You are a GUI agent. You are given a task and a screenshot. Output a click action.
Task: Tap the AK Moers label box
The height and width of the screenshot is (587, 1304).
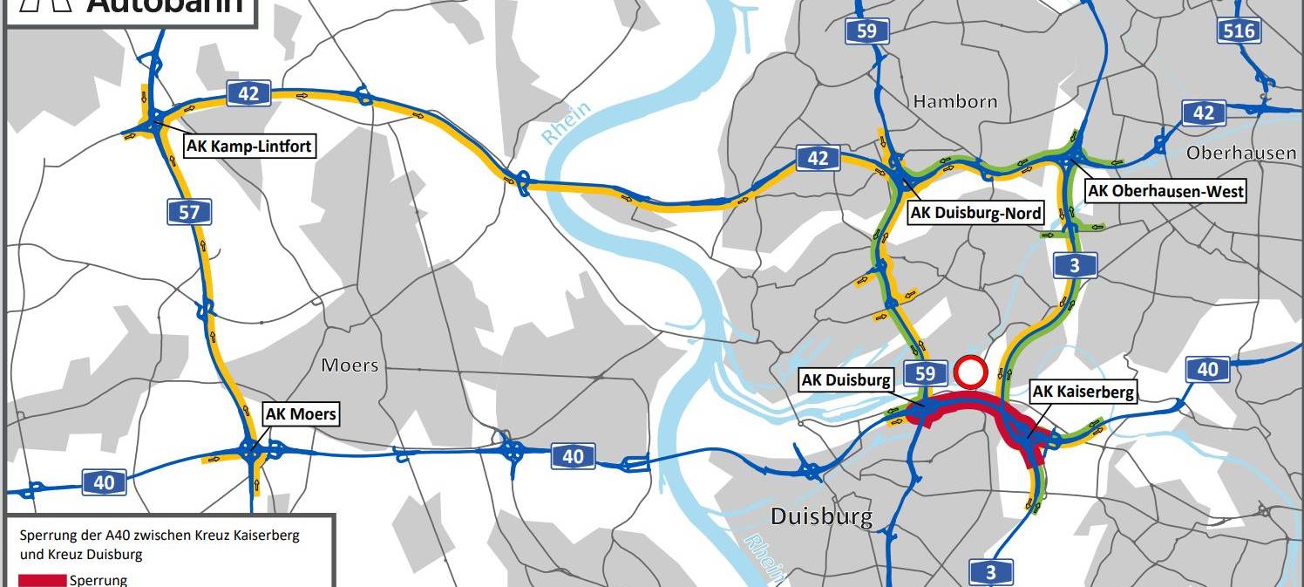click(x=301, y=413)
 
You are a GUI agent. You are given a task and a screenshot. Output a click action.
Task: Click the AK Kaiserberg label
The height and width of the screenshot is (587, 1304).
click(x=1083, y=392)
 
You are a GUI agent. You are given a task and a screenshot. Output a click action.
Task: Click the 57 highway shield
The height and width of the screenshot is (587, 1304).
click(x=189, y=211)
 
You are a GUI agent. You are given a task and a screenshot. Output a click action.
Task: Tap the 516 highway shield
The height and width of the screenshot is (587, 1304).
click(x=1239, y=32)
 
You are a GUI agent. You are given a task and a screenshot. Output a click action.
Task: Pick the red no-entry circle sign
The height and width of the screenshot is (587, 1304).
click(x=969, y=372)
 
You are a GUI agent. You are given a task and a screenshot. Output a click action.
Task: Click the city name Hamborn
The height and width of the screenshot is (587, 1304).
click(x=955, y=102)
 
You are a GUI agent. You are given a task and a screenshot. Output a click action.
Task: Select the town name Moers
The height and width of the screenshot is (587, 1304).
click(x=350, y=365)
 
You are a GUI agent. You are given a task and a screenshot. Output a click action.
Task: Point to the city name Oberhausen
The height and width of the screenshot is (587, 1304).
click(x=1241, y=153)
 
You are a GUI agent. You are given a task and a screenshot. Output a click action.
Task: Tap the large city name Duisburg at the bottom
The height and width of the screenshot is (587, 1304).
click(x=821, y=516)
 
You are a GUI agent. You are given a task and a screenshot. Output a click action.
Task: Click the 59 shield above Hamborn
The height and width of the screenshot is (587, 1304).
click(x=866, y=32)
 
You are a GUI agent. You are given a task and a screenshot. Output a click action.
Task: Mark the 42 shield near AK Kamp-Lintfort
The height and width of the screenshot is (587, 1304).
click(x=248, y=93)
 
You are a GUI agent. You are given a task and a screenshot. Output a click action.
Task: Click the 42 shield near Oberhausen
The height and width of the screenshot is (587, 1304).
click(x=1204, y=113)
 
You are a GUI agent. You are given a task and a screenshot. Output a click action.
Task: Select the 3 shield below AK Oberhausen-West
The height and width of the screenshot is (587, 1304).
click(x=1075, y=265)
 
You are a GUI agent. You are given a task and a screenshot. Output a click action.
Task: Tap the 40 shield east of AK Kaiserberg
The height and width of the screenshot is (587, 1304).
click(x=1207, y=370)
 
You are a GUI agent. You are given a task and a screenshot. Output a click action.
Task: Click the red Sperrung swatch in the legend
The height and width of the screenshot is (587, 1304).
click(x=43, y=580)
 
